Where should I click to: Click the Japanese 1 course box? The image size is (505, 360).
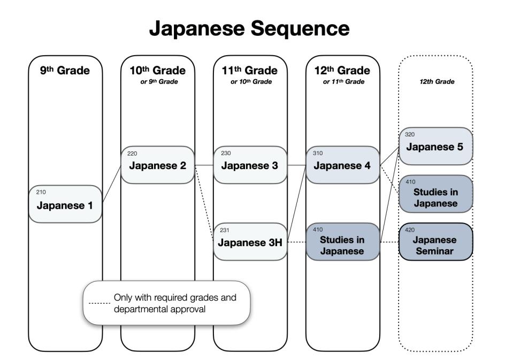coord(65,204)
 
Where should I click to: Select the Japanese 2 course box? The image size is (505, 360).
coord(157,165)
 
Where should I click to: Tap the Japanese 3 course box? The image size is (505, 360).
coord(250,165)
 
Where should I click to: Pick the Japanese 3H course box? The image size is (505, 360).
coord(250,242)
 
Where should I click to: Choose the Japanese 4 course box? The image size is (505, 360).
coord(342,165)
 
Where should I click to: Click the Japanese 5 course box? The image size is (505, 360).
coord(435,146)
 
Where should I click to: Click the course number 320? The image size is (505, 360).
coord(410,135)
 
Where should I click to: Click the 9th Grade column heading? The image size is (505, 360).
coord(65,71)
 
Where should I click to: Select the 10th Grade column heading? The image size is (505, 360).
coord(157,71)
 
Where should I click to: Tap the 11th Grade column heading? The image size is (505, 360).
coord(250,71)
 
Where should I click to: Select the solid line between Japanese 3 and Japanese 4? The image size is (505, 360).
coord(296,165)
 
